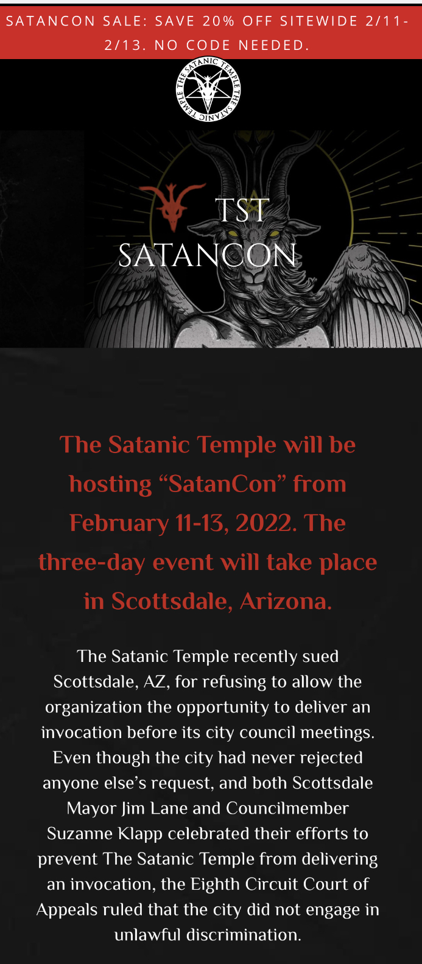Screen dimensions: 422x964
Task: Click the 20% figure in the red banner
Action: click(x=218, y=21)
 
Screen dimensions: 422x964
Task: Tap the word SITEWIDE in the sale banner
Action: click(x=318, y=21)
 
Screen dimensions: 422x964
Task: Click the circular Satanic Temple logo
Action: click(x=208, y=90)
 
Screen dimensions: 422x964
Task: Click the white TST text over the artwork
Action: click(x=242, y=210)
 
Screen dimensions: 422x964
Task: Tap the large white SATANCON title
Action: click(x=207, y=255)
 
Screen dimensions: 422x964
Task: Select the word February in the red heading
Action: click(x=119, y=524)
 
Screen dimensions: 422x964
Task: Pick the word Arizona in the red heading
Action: click(x=286, y=601)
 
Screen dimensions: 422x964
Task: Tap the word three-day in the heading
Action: click(x=91, y=563)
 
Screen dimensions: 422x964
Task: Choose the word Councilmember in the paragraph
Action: click(x=287, y=808)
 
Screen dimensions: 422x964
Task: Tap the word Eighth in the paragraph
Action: click(x=215, y=885)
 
